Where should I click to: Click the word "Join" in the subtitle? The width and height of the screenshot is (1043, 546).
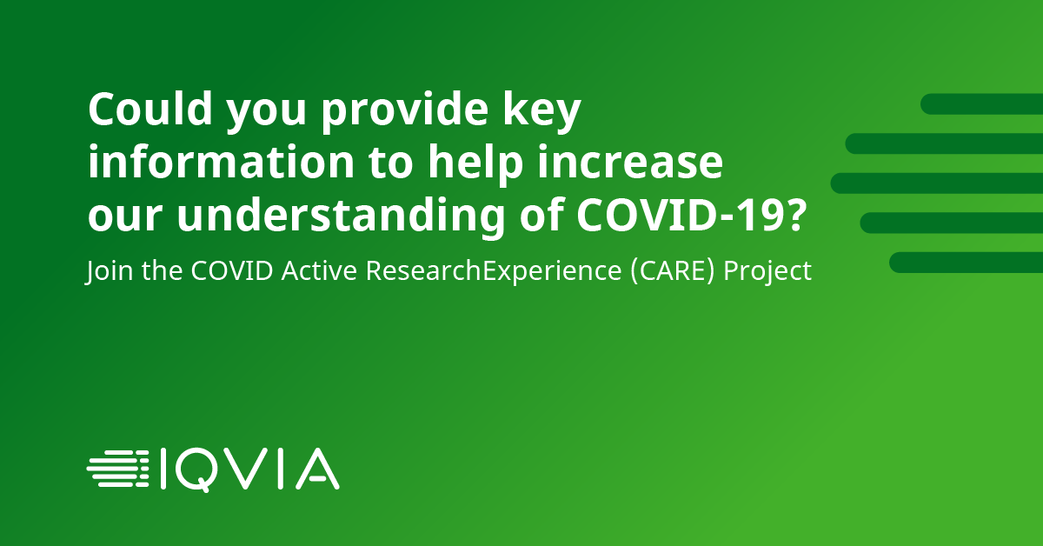pyautogui.click(x=105, y=271)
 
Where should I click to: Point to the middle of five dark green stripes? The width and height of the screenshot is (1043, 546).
pyautogui.click(x=937, y=183)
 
